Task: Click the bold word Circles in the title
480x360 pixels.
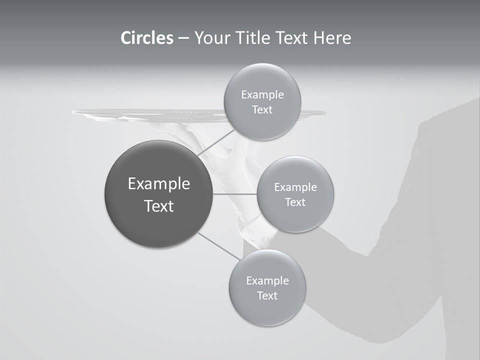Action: pyautogui.click(x=146, y=38)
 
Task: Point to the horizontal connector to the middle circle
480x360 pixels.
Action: pyautogui.click(x=235, y=194)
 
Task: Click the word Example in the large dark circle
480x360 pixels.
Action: pyautogui.click(x=159, y=184)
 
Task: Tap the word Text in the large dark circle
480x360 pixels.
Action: pyautogui.click(x=159, y=206)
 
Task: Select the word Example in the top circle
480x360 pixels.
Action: pyautogui.click(x=262, y=95)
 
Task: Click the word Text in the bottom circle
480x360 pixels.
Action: pyautogui.click(x=267, y=295)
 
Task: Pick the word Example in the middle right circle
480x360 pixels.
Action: pyautogui.click(x=295, y=187)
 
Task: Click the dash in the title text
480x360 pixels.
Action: pyautogui.click(x=183, y=38)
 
